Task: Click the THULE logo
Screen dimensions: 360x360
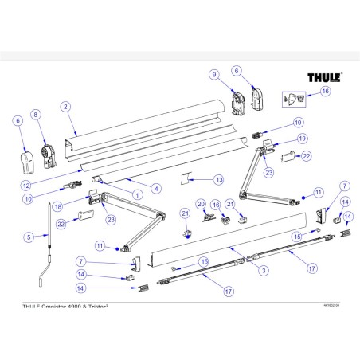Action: [325, 79]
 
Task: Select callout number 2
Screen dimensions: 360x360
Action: [65, 106]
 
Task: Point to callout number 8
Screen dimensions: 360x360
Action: [35, 115]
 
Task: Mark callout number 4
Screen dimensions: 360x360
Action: [156, 189]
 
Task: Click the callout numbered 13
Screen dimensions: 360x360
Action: [219, 179]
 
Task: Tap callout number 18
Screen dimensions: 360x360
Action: [81, 205]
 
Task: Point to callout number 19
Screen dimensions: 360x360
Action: [302, 138]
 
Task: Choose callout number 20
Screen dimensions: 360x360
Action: [202, 203]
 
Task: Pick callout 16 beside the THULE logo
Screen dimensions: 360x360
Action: [324, 92]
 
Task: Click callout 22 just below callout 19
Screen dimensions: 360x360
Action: [306, 156]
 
